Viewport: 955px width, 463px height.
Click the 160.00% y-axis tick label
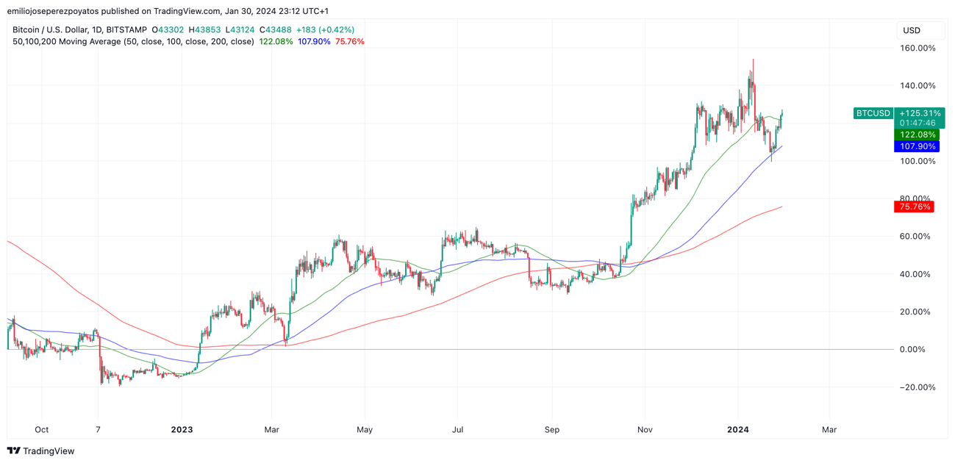pos(918,49)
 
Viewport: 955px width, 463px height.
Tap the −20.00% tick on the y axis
pos(918,387)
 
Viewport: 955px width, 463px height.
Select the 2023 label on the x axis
pos(182,429)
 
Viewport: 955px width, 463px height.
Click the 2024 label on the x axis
pos(737,429)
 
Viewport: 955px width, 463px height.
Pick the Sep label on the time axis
pos(552,429)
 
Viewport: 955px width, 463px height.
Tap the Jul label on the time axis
pos(457,429)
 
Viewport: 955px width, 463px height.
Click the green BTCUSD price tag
pos(873,113)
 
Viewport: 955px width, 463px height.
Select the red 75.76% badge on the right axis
pos(914,207)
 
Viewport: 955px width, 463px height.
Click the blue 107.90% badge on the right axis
pos(916,146)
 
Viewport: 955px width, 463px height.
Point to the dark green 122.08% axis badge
pos(916,134)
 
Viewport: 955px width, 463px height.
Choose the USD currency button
pos(912,30)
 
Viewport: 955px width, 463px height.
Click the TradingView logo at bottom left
pos(41,451)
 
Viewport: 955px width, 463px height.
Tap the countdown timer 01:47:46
pos(918,123)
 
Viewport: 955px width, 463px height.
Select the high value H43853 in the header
pos(204,30)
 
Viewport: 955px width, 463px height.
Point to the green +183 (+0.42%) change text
pos(325,30)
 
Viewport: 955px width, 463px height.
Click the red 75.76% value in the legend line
pos(350,42)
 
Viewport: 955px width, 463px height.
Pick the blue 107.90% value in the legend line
pos(314,42)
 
